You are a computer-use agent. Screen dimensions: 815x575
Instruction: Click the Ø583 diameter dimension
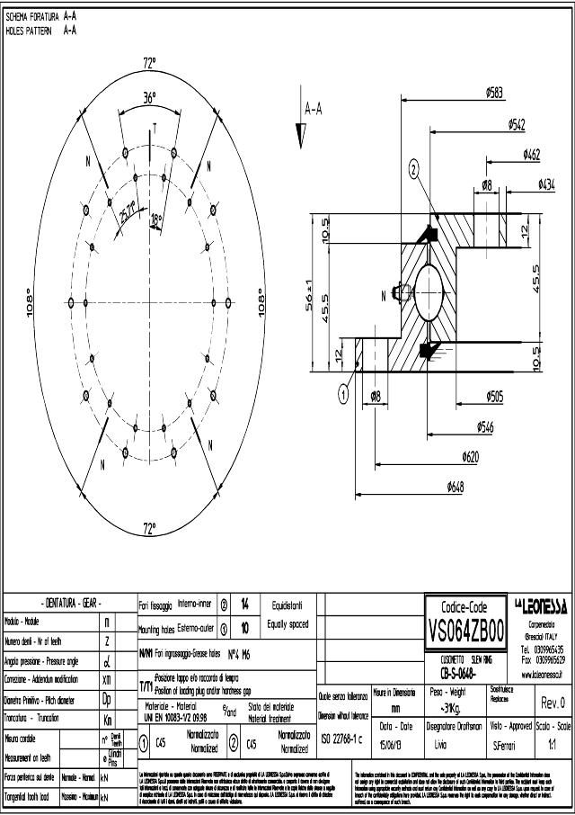click(x=494, y=92)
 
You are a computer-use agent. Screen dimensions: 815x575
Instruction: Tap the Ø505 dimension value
click(x=494, y=395)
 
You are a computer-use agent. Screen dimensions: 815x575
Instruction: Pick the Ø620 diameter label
click(x=469, y=456)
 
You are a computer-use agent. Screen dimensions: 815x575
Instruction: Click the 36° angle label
click(x=150, y=97)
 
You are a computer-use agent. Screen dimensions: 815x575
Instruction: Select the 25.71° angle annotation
click(x=128, y=212)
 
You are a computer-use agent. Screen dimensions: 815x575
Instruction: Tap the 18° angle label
click(x=156, y=219)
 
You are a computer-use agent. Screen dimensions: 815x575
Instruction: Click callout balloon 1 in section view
click(x=343, y=392)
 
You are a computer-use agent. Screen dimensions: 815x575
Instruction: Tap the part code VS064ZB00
click(x=466, y=626)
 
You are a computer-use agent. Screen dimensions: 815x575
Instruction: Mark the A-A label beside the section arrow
click(x=314, y=110)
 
